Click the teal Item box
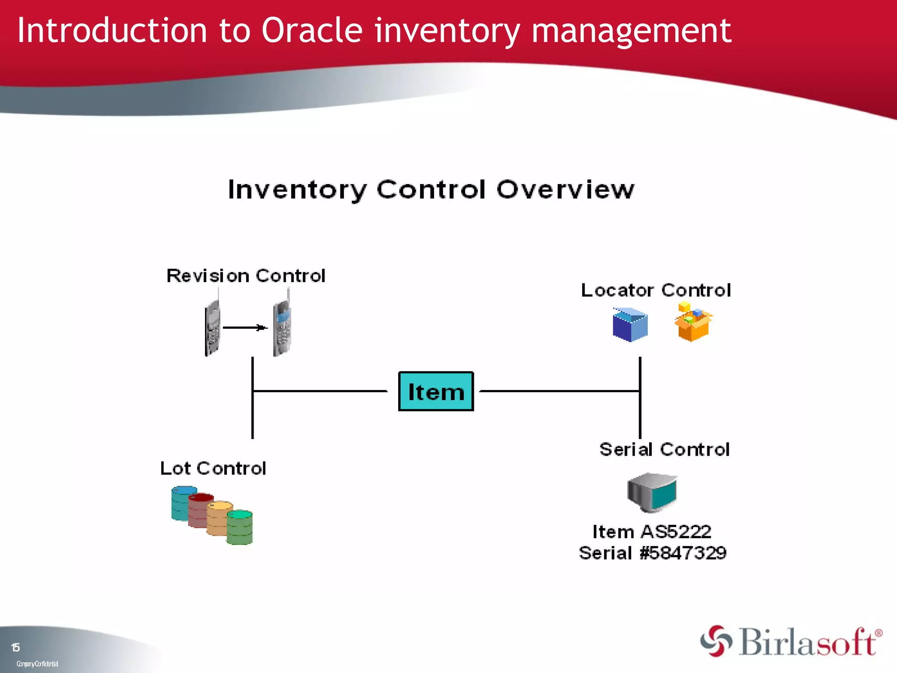tap(436, 391)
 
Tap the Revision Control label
tap(246, 276)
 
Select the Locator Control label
tap(656, 290)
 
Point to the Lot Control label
tap(213, 468)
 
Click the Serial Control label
tap(664, 450)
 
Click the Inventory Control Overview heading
tap(431, 190)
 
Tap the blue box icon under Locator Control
tap(630, 325)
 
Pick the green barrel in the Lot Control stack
tap(240, 528)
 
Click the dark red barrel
tap(200, 510)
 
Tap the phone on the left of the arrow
tap(213, 328)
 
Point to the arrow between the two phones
tap(245, 327)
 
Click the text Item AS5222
tap(652, 532)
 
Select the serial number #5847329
tap(683, 553)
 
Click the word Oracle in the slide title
tap(312, 31)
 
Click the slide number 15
tap(15, 648)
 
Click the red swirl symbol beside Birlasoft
tap(716, 641)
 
